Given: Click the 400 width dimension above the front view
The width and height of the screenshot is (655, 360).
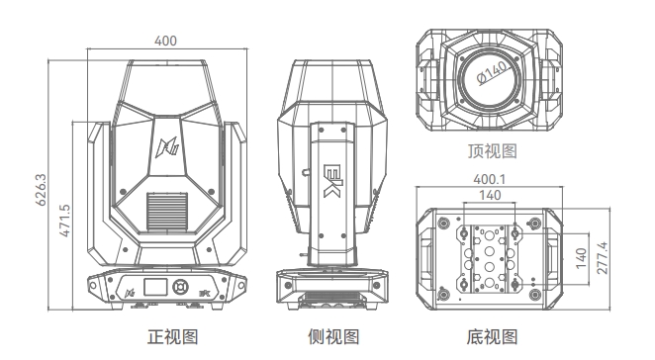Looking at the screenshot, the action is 166,41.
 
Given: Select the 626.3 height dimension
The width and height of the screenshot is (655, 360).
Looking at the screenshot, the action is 41,190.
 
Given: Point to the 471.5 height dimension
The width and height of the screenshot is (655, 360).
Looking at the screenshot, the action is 64,221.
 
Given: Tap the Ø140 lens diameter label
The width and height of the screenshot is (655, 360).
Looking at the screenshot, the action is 494,72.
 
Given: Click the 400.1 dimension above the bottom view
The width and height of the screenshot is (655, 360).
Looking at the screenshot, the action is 489,179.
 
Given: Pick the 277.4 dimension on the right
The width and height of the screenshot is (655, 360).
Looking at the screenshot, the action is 603,258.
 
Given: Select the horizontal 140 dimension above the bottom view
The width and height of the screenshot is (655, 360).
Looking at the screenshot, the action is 490,195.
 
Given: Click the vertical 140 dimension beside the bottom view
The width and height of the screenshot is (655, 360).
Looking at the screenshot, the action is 581,258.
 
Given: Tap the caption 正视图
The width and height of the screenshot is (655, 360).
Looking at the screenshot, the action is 172,336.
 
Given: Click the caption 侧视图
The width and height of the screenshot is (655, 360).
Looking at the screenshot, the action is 333,336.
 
